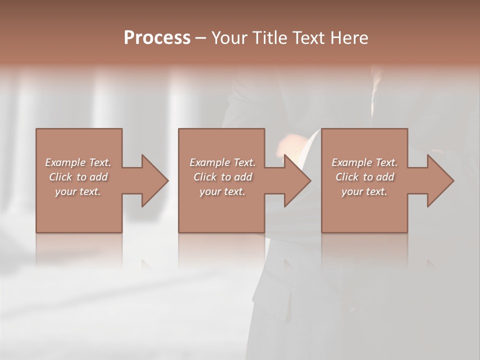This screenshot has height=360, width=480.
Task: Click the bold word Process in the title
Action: coord(157,38)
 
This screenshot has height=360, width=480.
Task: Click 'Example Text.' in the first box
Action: coord(78,162)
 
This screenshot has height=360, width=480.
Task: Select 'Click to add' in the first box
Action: coord(78,177)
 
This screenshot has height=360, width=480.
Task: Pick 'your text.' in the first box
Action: coord(78,191)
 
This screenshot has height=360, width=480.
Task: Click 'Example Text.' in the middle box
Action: coord(222,162)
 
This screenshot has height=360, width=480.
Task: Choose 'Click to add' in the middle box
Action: coord(222,177)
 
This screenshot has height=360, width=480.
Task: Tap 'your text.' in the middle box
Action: coord(222,191)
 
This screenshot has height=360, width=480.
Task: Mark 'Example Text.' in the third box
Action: coord(364,162)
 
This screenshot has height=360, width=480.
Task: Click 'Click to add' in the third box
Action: coord(364,177)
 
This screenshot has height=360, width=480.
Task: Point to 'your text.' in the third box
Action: coord(364,191)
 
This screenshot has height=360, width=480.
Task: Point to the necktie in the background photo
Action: coord(375,92)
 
